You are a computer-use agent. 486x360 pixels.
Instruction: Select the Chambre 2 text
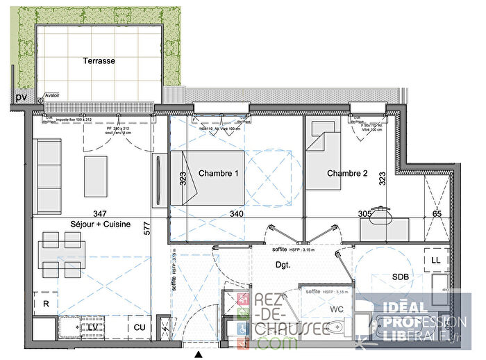pyautogui.click(x=347, y=173)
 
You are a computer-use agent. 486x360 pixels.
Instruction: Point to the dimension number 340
pyautogui.click(x=236, y=214)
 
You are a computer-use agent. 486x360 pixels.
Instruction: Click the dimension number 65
pyautogui.click(x=437, y=214)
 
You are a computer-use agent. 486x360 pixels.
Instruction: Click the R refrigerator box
pyautogui.click(x=46, y=304)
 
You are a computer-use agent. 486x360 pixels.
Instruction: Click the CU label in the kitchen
pyautogui.click(x=140, y=327)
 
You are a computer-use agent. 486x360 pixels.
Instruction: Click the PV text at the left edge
pyautogui.click(x=21, y=97)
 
